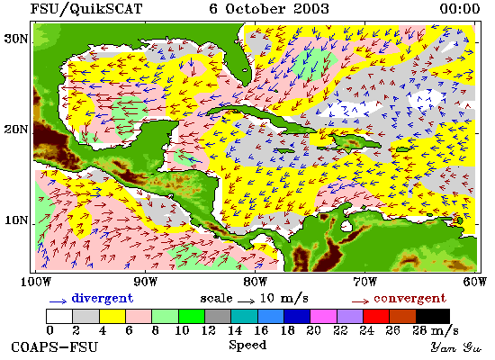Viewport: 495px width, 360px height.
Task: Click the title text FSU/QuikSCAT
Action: point(86,9)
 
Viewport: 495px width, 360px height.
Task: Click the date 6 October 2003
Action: point(269,8)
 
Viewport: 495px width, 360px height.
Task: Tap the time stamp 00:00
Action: point(460,8)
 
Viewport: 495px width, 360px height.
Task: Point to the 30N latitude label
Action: point(16,39)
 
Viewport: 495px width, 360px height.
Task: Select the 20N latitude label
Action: point(16,130)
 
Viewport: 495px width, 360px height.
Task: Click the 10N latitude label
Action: point(16,220)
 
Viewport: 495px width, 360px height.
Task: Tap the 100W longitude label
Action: point(36,282)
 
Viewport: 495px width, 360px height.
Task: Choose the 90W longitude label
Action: point(145,282)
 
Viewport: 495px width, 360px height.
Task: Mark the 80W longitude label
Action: point(255,282)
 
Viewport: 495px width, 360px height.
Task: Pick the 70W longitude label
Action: point(364,282)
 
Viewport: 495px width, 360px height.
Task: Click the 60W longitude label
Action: point(475,282)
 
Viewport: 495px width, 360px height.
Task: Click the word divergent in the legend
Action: point(103,299)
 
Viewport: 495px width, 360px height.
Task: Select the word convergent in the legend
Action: point(409,299)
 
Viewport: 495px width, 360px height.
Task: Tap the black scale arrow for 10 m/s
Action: point(246,301)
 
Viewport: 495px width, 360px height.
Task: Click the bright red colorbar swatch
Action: point(376,316)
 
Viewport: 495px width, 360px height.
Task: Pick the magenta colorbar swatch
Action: point(323,316)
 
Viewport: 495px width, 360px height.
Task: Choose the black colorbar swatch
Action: point(433,316)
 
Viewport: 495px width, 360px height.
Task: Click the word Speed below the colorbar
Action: point(247,346)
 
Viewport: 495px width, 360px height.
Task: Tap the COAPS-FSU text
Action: point(55,347)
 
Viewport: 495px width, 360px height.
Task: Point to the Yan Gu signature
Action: point(456,347)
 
